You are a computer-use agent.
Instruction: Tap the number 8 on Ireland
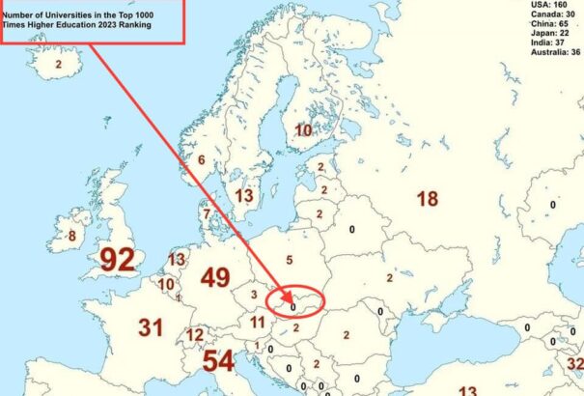pyautogui.click(x=70, y=235)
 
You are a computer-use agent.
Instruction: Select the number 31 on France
pyautogui.click(x=150, y=327)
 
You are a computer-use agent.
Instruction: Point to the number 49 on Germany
pyautogui.click(x=214, y=278)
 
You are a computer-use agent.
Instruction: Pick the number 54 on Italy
pyautogui.click(x=218, y=361)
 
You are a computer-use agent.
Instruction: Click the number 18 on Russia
pyautogui.click(x=427, y=199)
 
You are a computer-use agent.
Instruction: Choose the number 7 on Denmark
pyautogui.click(x=206, y=214)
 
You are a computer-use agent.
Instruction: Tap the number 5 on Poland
pyautogui.click(x=289, y=260)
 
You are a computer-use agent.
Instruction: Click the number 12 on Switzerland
pyautogui.click(x=195, y=335)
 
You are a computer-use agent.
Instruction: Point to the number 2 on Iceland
pyautogui.click(x=58, y=64)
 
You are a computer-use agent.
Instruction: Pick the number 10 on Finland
pyautogui.click(x=303, y=130)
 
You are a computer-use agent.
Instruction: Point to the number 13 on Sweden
pyautogui.click(x=244, y=196)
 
